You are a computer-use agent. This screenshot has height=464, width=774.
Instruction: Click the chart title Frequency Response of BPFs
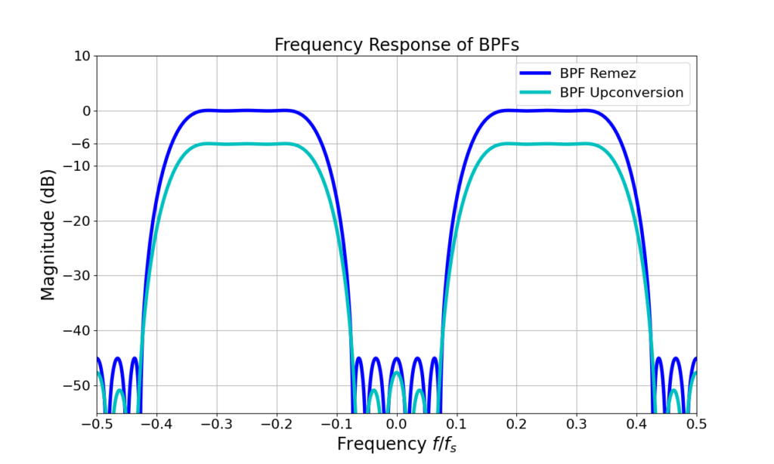pos(396,45)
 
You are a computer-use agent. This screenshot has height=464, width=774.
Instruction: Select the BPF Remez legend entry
pos(597,74)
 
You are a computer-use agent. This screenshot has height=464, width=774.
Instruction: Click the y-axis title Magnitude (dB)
pos(48,234)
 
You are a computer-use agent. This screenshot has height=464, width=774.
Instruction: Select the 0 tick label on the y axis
pos(85,111)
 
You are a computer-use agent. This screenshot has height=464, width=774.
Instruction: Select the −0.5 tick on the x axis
pos(97,423)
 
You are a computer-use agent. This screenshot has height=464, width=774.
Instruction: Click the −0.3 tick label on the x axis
pos(216,423)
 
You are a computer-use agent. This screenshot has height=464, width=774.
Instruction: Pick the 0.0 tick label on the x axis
pos(397,423)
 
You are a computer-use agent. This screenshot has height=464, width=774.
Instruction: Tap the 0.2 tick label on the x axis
pos(516,423)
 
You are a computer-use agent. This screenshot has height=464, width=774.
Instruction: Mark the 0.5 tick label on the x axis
pos(696,423)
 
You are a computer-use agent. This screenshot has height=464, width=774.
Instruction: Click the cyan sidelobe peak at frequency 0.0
pos(397,372)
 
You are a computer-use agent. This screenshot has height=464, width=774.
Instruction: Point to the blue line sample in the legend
pos(536,74)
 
